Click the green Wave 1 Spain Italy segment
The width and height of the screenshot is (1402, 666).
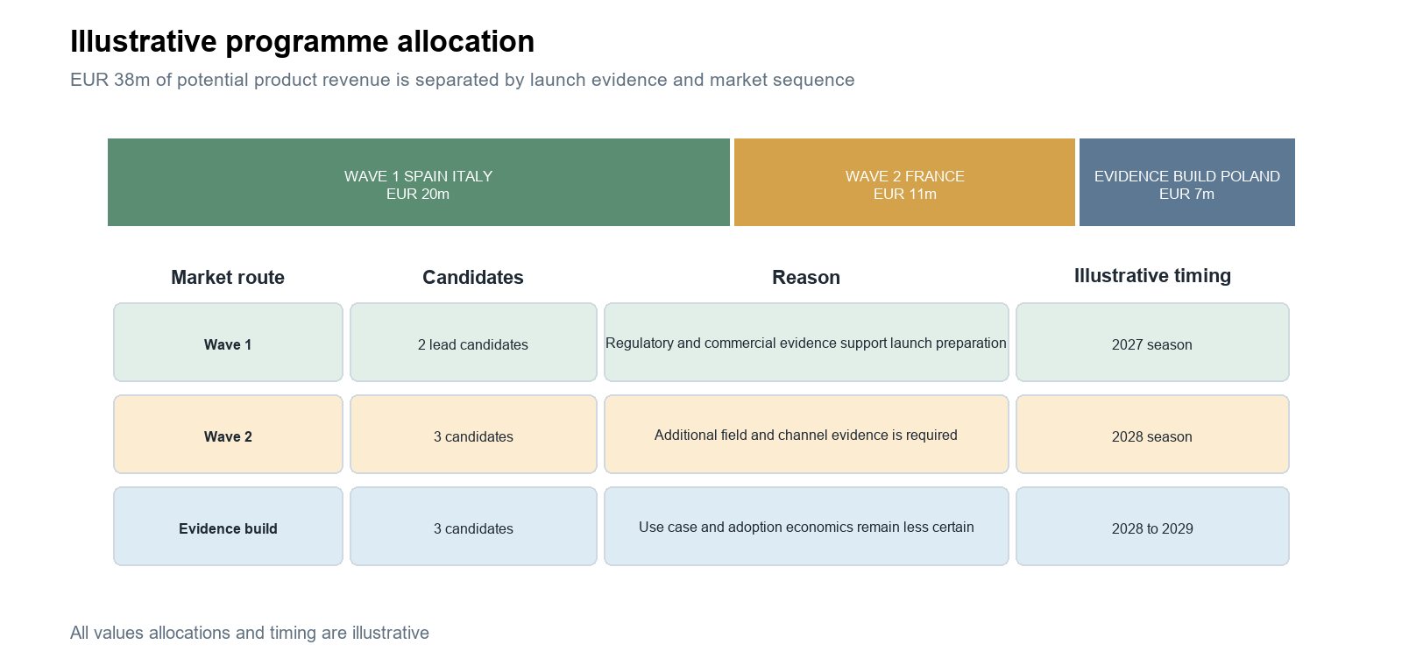pos(418,182)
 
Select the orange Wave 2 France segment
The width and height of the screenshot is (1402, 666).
pos(904,182)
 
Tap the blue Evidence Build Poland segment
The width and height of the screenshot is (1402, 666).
pos(1186,182)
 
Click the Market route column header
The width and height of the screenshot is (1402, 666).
pos(228,277)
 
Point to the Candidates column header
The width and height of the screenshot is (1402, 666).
pos(472,277)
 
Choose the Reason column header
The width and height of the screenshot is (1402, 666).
pos(806,277)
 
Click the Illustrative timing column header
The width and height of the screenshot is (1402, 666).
pos(1152,275)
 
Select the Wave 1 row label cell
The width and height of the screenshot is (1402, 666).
pos(228,343)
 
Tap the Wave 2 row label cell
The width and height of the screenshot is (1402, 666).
pos(228,435)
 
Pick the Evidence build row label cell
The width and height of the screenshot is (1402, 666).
pos(228,527)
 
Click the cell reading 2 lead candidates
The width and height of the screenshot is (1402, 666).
pos(473,343)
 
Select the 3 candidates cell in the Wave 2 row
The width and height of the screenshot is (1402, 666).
pos(473,435)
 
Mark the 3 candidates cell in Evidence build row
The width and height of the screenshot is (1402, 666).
pos(473,527)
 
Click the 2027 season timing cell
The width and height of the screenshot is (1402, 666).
pos(1152,343)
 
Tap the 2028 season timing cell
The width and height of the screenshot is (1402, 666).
pos(1152,435)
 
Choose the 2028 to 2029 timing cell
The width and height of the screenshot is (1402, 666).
pos(1152,527)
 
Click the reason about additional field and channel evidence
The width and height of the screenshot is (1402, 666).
pos(806,435)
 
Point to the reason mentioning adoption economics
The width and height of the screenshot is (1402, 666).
pos(806,527)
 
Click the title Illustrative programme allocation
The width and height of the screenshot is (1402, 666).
pos(302,42)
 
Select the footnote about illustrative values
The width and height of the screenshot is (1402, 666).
pos(250,633)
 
